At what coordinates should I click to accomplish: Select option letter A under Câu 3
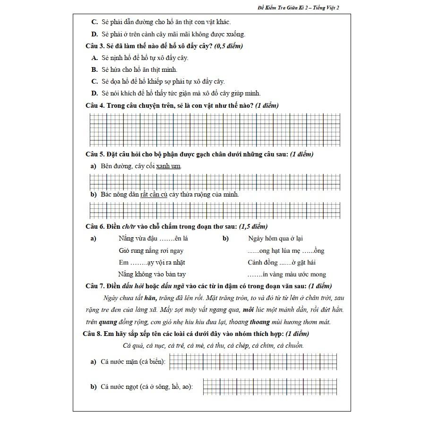(95, 58)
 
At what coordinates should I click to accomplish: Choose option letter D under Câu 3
(95, 93)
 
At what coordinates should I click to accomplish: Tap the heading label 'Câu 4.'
(95, 105)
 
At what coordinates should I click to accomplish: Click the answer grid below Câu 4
(215, 130)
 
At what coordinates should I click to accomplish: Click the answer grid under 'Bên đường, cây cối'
(215, 181)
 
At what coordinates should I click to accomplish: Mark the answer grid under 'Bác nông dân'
(215, 210)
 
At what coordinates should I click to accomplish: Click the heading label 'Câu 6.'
(95, 226)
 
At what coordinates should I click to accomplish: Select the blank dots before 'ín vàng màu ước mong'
(255, 275)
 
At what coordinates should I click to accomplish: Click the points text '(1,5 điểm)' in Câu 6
(253, 226)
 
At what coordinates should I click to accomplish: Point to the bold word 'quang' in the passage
(108, 322)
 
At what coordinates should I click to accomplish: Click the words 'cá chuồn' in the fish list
(290, 346)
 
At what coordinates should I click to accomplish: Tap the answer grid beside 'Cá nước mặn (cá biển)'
(252, 362)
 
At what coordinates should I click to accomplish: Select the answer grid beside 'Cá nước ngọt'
(270, 387)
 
